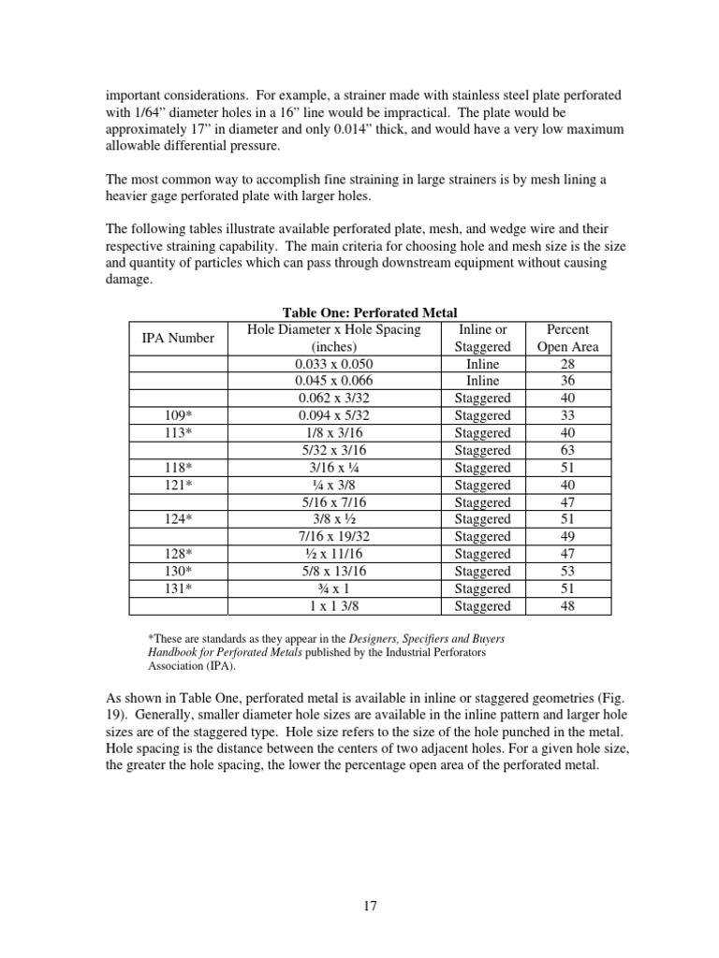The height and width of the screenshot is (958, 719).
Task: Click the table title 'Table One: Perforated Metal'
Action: click(370, 313)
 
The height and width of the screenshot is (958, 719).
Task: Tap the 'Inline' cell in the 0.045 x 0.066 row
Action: click(482, 381)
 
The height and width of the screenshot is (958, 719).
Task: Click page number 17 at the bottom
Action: click(368, 906)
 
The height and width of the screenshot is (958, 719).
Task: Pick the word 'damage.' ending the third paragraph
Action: click(129, 280)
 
